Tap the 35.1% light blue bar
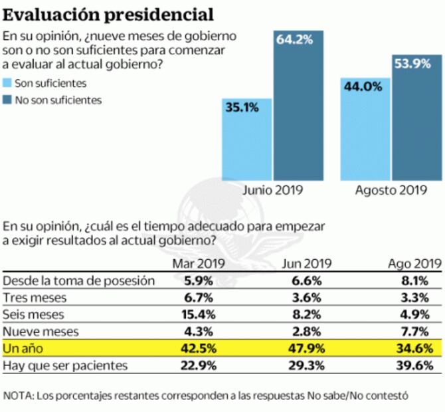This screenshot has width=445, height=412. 246,140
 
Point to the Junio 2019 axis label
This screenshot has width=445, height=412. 272,190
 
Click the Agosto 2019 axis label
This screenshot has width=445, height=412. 390,190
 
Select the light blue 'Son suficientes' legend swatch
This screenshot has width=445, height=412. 8,84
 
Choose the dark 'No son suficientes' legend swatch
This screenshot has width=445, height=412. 8,100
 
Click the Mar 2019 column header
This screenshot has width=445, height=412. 199,263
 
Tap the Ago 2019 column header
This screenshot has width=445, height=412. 414,263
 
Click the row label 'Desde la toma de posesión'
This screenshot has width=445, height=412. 79,280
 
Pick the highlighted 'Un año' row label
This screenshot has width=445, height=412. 21,348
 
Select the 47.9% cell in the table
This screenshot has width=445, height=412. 308,348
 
